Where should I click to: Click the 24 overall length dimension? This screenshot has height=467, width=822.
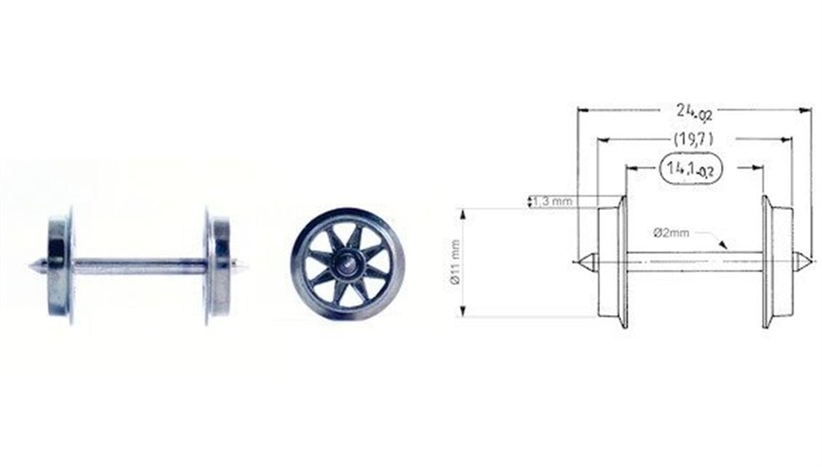tap(694, 111)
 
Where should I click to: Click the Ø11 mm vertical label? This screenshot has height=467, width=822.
tap(455, 262)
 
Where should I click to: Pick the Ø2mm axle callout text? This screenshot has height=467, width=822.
tap(671, 233)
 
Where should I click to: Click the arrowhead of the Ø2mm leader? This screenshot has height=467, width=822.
tap(723, 244)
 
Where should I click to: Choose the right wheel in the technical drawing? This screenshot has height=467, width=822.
tap(777, 262)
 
